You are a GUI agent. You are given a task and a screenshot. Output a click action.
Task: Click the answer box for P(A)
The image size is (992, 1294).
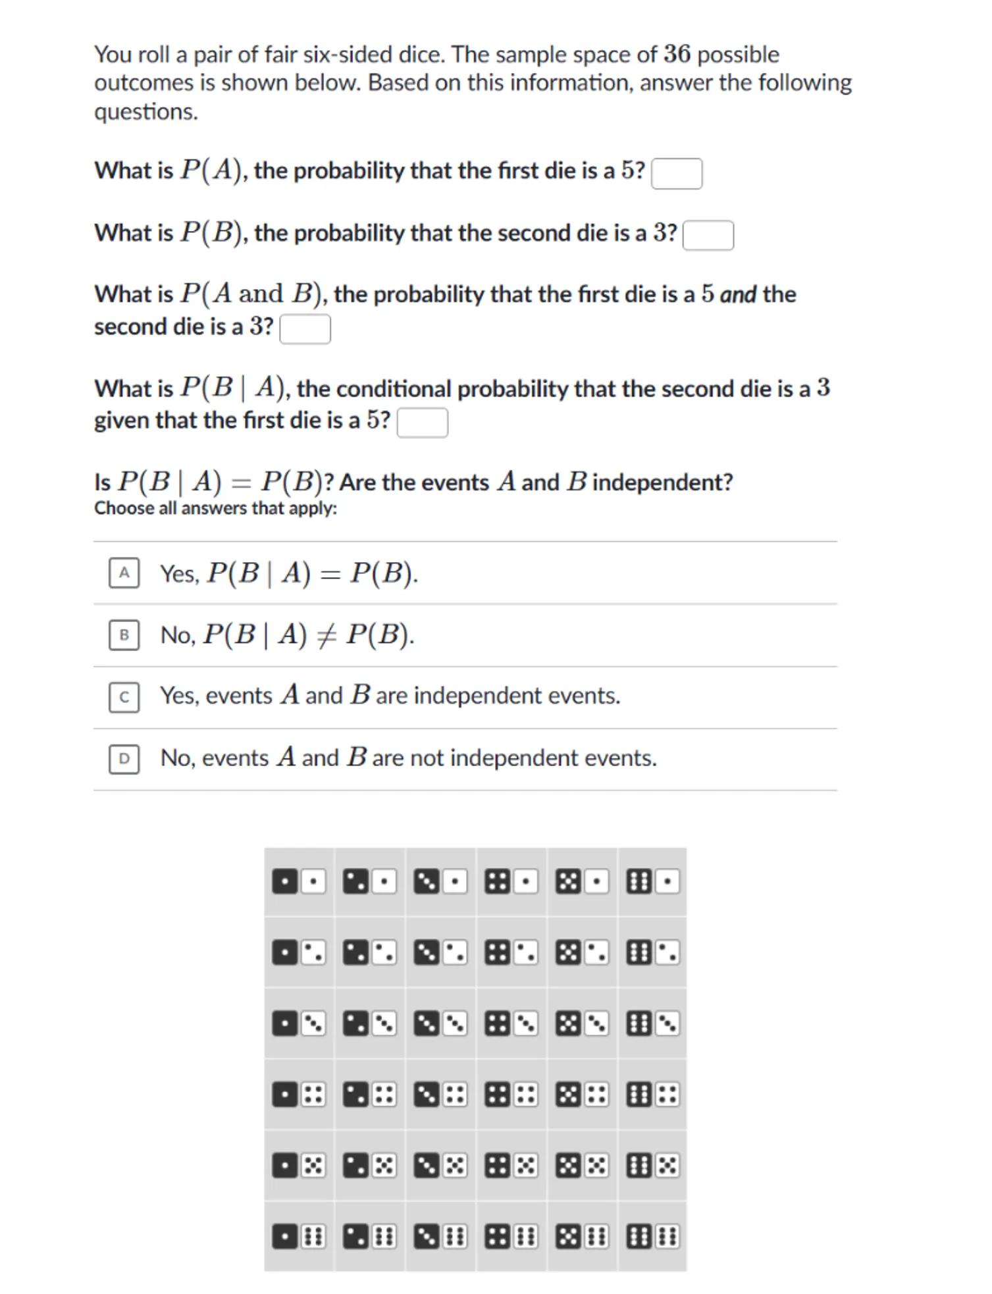676,174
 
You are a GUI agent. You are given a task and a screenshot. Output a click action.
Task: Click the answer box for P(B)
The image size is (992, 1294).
708,236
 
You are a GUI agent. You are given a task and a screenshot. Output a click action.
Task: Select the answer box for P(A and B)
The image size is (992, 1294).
305,329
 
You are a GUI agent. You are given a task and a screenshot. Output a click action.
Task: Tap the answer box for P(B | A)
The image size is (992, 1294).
422,423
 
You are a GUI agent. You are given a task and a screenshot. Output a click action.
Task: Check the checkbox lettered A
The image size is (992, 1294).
124,573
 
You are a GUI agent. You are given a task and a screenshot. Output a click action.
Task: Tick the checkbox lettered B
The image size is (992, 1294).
124,635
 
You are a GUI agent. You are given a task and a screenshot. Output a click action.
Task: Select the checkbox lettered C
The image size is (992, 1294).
124,697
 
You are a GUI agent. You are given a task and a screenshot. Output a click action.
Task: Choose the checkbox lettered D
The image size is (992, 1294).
124,759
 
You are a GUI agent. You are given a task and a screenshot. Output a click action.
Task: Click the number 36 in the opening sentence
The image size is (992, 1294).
677,54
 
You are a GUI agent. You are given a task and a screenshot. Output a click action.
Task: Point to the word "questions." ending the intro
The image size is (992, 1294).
145,112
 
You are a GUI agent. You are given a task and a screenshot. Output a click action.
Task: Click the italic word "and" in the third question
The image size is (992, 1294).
738,294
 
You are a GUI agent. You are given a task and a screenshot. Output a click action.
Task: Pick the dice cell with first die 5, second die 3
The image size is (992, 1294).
582,1023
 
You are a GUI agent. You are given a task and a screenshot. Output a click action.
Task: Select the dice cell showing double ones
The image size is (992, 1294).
299,881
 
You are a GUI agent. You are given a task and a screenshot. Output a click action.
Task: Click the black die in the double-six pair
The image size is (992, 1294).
639,1237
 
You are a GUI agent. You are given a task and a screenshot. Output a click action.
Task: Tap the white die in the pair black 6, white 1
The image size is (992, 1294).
667,881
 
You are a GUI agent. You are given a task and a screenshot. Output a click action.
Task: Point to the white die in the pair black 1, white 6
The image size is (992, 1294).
313,1237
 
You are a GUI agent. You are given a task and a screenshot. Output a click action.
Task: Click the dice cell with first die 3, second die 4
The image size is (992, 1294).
440,1095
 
